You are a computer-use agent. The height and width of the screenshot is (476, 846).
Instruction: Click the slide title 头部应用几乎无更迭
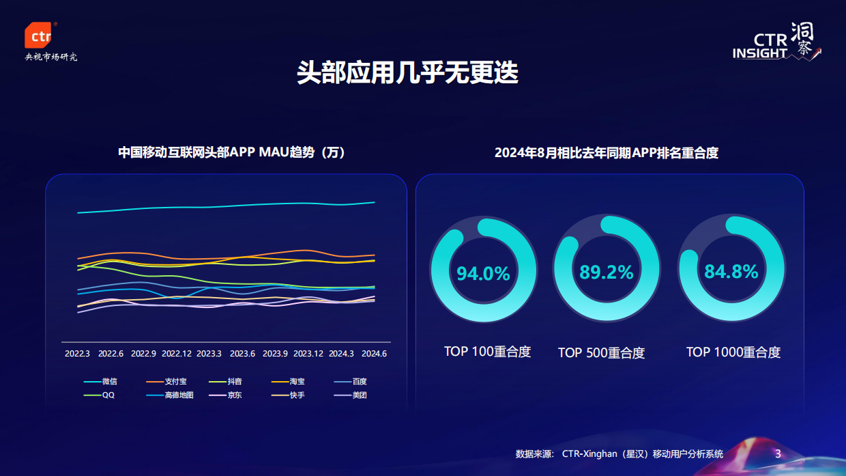coord(407,72)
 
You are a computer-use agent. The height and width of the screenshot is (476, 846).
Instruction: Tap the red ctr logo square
coord(39,36)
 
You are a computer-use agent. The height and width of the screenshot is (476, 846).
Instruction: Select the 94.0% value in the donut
coord(483,274)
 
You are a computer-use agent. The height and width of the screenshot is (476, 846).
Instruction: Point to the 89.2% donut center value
coord(606,272)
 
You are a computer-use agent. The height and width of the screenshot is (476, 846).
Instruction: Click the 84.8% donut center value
coord(731,272)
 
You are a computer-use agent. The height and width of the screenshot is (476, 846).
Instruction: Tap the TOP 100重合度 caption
coord(487,352)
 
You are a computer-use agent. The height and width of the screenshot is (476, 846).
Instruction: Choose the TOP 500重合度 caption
coord(601,352)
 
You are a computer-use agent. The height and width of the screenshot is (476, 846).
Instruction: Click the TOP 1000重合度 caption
coord(733,352)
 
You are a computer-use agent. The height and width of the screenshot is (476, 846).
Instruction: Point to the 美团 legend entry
coord(359,395)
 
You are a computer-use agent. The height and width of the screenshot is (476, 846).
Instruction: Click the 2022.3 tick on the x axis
coord(77,354)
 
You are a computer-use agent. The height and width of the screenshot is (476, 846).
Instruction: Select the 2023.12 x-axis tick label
coord(308,354)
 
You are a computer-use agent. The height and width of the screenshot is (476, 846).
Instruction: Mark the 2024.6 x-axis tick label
coord(375,354)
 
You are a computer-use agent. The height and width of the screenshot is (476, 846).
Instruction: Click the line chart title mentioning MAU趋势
coord(232,152)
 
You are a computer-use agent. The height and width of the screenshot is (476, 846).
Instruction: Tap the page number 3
coord(778,453)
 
